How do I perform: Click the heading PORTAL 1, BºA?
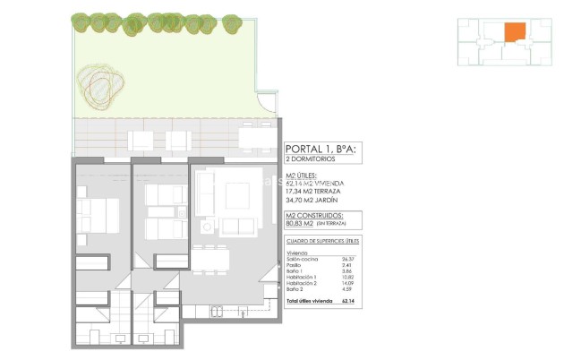pos(320,150)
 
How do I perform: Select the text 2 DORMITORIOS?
pos(310,159)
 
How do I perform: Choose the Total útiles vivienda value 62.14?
pos(348,303)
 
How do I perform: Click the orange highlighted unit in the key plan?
pos(514,33)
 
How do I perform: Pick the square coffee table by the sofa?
pos(237,194)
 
